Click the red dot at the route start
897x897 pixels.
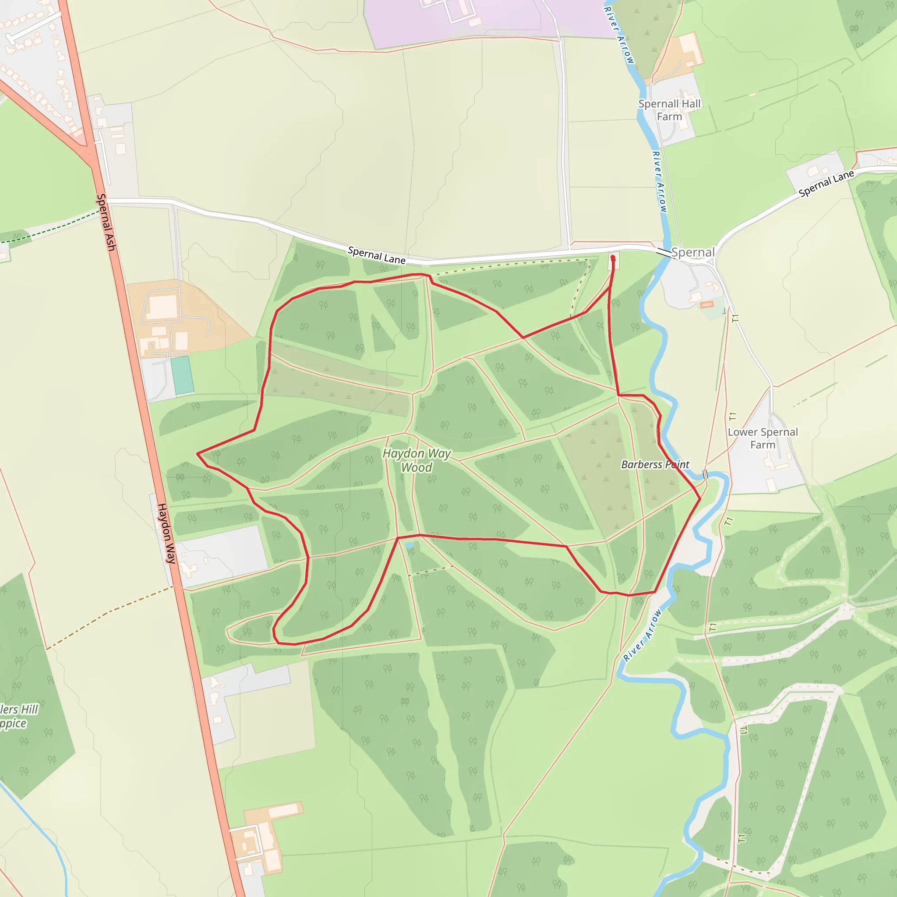pyautogui.click(x=613, y=257)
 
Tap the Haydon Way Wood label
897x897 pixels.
pyautogui.click(x=417, y=460)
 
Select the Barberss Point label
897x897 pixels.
pyautogui.click(x=655, y=464)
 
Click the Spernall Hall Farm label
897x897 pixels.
pyautogui.click(x=669, y=110)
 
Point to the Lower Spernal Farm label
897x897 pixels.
pyautogui.click(x=763, y=438)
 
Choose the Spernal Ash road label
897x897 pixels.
pyautogui.click(x=106, y=222)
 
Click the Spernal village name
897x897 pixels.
pyautogui.click(x=693, y=252)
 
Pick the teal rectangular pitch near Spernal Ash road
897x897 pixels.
pyautogui.click(x=182, y=375)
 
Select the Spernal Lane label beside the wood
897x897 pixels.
pyautogui.click(x=376, y=255)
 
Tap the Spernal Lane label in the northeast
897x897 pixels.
pyautogui.click(x=826, y=184)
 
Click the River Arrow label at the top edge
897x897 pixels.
pyautogui.click(x=619, y=35)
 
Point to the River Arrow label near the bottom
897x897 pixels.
pyautogui.click(x=643, y=635)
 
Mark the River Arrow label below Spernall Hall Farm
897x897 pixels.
pyautogui.click(x=659, y=181)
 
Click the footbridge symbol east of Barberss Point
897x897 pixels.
pyautogui.click(x=705, y=474)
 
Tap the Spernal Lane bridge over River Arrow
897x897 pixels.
pyautogui.click(x=664, y=253)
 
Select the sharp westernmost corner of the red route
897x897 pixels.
pyautogui.click(x=198, y=453)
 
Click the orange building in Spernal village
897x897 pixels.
pyautogui.click(x=706, y=304)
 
